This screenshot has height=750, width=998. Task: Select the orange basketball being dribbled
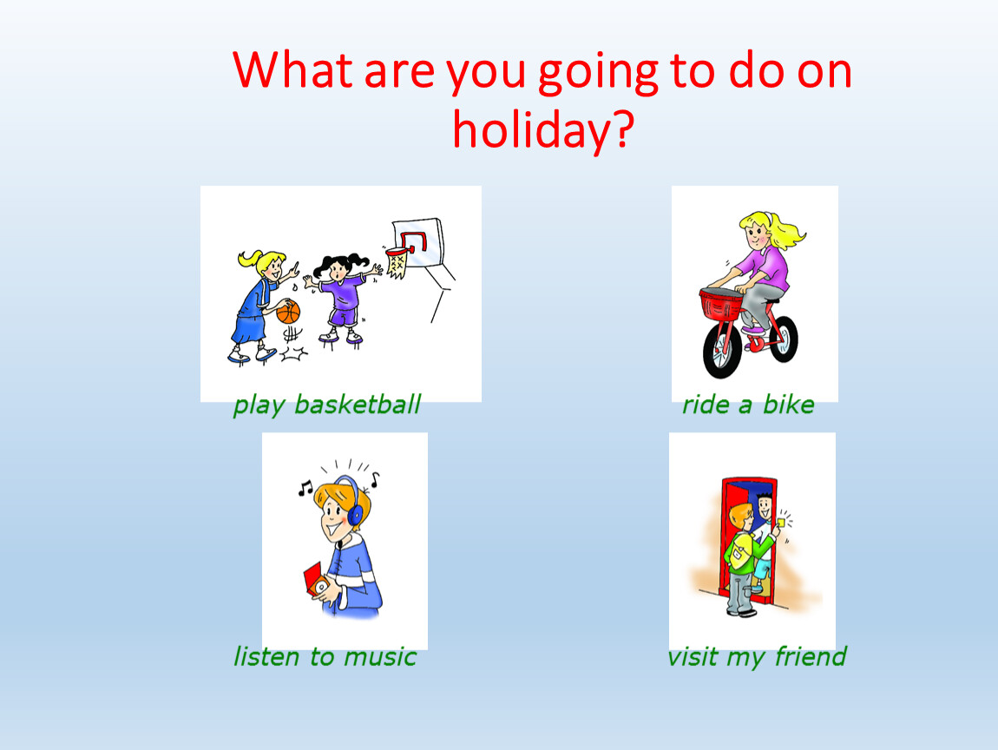pos(288,312)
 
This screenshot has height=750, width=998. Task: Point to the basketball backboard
pos(418,242)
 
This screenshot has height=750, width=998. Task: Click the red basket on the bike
pos(721,305)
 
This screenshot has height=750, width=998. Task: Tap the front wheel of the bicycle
pos(722,351)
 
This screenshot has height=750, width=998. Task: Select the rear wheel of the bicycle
pos(784,339)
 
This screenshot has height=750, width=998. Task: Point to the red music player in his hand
pos(314,579)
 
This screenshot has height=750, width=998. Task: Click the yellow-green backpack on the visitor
pos(740,551)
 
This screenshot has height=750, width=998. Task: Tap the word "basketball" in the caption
pos(358,405)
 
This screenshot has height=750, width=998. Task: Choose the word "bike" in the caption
pos(789,405)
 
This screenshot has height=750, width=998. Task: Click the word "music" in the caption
pos(380,656)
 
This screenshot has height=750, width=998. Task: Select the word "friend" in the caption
pos(811,655)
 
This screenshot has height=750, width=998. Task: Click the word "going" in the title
pos(598,72)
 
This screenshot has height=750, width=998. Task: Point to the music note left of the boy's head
pos(305,489)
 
